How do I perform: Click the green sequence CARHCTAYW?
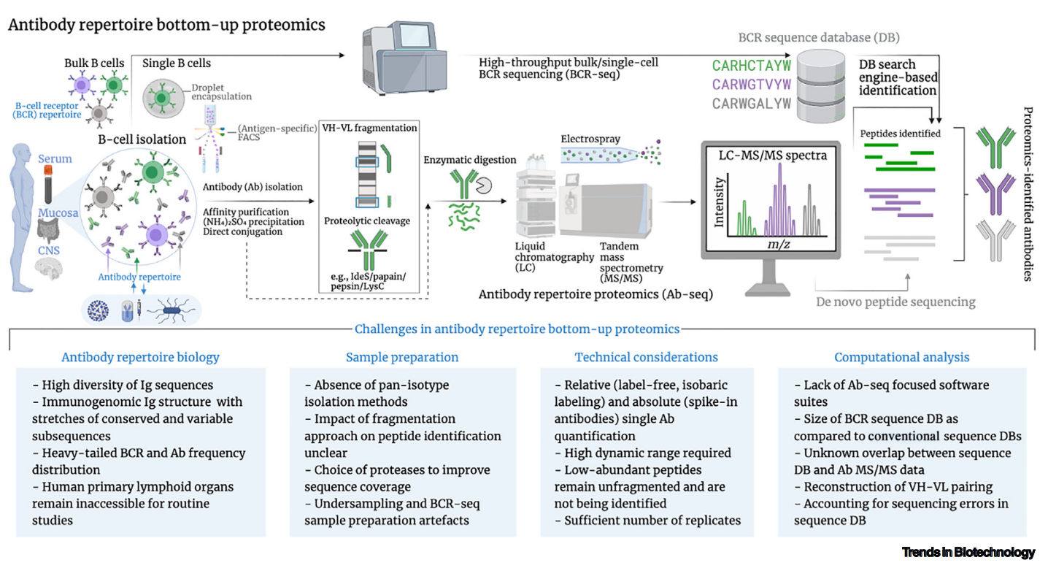[752, 66]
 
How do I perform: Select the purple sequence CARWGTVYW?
[752, 85]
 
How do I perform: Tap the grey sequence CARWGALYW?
[752, 103]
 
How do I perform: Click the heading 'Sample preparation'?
[402, 357]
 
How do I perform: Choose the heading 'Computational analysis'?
[902, 357]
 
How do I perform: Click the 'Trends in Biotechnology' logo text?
[968, 552]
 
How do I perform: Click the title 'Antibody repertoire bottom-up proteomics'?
[166, 26]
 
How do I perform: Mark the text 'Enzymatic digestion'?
[471, 160]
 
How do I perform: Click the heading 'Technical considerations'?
[646, 357]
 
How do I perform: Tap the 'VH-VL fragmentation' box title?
[370, 128]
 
